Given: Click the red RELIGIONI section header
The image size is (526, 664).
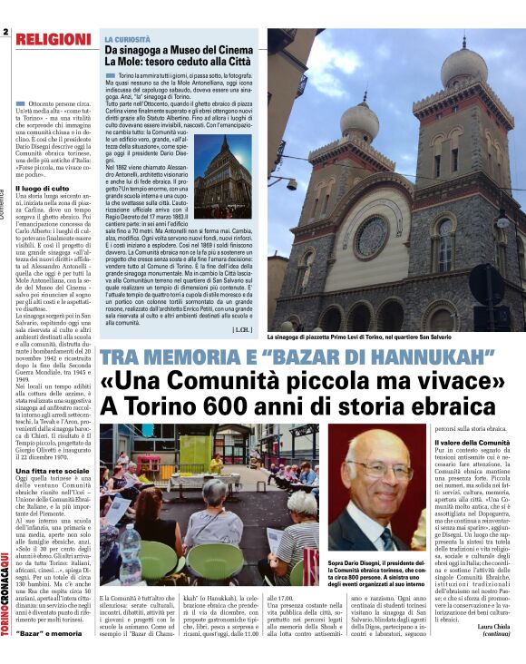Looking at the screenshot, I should [x=52, y=39].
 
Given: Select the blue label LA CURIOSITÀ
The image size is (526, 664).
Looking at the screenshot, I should [x=129, y=41].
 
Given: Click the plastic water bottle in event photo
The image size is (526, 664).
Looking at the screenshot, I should [x=130, y=563].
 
